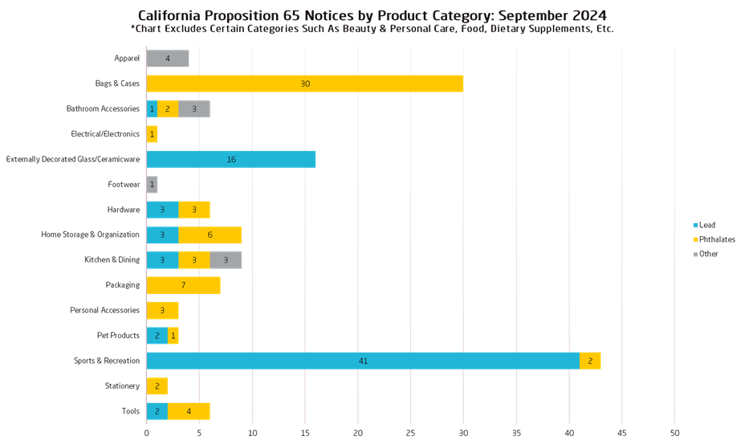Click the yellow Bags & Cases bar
305,84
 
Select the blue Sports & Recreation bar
363,361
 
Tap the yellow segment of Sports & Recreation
590,361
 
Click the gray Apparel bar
168,59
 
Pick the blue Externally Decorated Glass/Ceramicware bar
231,159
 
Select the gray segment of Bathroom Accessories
194,109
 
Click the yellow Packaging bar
183,285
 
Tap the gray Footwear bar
152,185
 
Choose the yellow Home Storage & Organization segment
210,234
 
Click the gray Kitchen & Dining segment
226,260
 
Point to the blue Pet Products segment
157,336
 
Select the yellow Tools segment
189,411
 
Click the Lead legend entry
706,226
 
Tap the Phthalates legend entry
714,239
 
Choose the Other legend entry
707,254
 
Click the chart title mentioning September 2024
372,15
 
